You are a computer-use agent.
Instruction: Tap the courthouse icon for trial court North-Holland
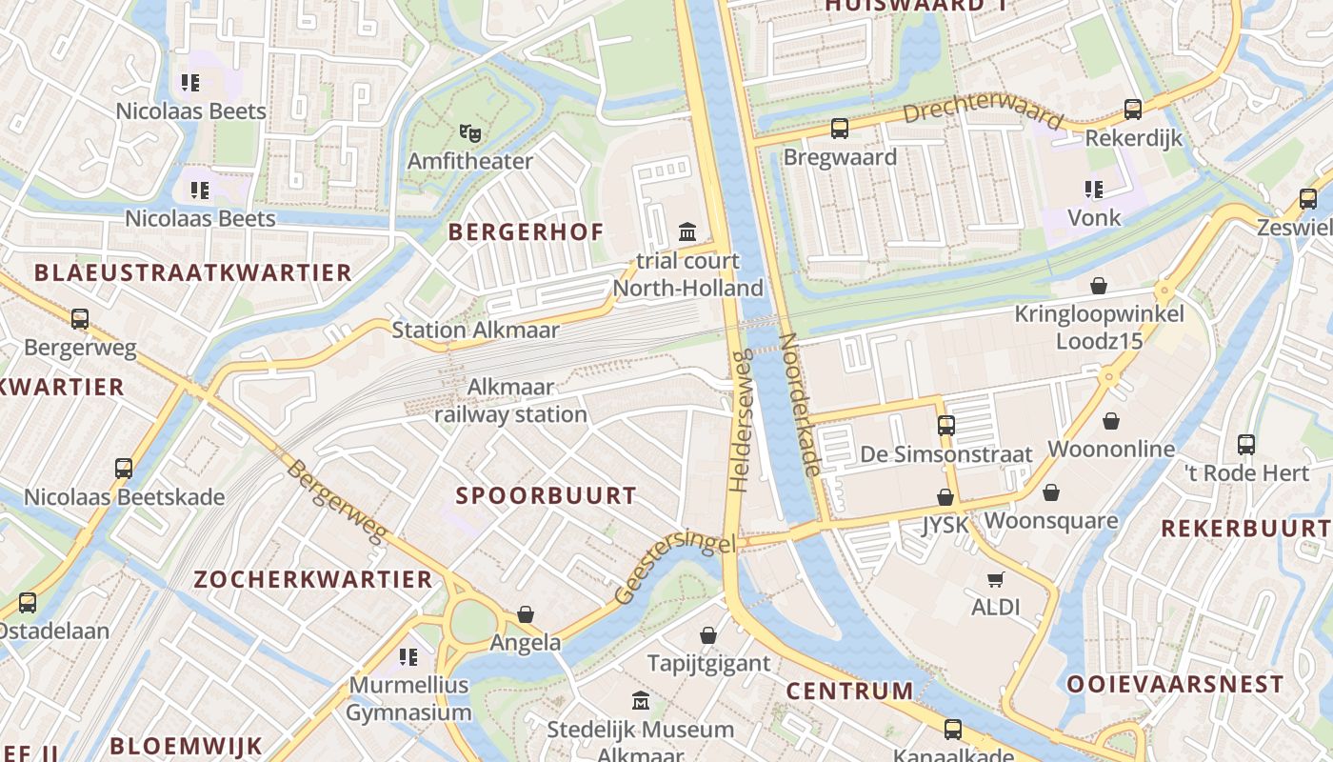(x=687, y=231)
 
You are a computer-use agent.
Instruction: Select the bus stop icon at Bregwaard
(x=839, y=129)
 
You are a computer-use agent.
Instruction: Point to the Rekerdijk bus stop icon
(x=1133, y=110)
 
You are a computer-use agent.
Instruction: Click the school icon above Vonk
(x=1094, y=190)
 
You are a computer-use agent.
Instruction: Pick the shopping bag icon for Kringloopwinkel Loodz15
(x=1099, y=286)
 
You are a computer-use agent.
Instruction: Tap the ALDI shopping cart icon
(x=996, y=579)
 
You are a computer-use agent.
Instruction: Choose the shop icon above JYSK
(x=945, y=497)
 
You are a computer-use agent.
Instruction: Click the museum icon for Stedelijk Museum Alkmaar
(x=641, y=701)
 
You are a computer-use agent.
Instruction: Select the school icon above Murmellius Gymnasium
(x=408, y=656)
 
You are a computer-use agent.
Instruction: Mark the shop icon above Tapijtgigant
(x=708, y=635)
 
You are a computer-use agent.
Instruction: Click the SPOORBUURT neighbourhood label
(x=546, y=495)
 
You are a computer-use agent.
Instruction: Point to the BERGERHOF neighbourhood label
(x=526, y=231)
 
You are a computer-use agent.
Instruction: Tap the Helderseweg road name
(x=742, y=420)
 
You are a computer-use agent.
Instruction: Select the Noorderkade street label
(x=800, y=404)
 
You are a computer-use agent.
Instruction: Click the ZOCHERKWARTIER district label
(x=313, y=579)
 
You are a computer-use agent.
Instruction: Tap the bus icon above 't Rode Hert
(x=1245, y=444)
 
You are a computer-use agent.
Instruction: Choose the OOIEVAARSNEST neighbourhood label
(x=1175, y=684)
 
